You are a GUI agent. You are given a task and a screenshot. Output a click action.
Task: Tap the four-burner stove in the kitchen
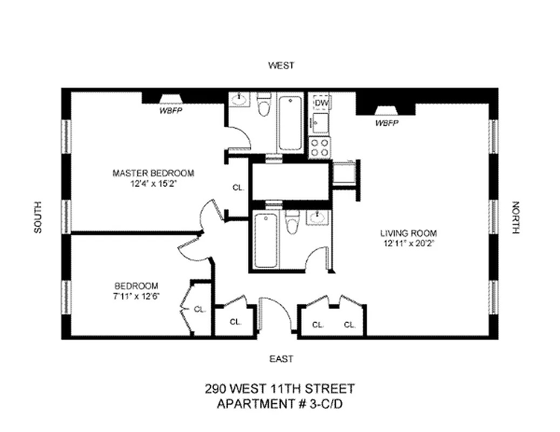[x=319, y=147]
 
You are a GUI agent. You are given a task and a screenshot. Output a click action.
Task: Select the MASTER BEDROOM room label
[x=153, y=173]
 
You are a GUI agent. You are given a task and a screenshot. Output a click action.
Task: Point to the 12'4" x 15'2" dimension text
[x=153, y=183]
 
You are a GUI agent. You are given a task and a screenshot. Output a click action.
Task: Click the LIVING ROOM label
[x=408, y=233]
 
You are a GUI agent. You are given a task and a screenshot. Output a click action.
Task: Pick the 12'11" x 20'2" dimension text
[x=408, y=243]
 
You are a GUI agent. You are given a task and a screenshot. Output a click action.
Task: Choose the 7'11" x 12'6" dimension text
[x=136, y=295]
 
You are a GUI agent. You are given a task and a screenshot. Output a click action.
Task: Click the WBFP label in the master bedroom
[x=169, y=111]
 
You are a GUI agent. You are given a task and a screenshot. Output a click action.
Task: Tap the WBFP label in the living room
[x=387, y=123]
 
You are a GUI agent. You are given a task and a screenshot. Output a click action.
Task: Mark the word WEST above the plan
[x=281, y=65]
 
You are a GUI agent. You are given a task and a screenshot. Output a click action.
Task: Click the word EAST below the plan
[x=281, y=359]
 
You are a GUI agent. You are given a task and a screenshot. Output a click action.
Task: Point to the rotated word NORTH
[x=515, y=217]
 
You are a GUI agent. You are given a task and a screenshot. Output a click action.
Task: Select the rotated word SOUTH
[x=38, y=217]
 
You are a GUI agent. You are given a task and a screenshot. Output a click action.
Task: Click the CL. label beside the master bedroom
[x=238, y=188]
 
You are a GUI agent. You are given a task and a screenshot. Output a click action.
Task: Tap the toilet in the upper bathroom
[x=264, y=106]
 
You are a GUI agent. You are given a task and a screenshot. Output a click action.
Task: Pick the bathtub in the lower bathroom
[x=265, y=240]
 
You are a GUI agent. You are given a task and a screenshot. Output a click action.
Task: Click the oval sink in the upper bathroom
[x=240, y=100]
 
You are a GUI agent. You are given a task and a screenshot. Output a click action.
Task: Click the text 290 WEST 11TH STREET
[x=280, y=388]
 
